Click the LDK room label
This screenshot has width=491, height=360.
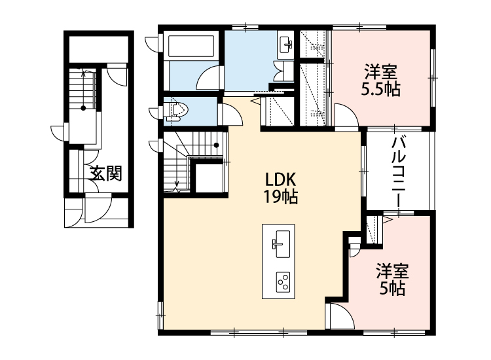pos(280,180)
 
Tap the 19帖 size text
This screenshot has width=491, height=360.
pos(281,197)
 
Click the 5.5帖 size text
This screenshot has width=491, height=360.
pos(380,89)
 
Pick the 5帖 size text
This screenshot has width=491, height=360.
pos(392,288)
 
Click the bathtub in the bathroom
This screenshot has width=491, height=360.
pos(191,46)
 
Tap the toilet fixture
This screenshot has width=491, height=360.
pos(177,111)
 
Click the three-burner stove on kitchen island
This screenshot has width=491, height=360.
pos(283,282)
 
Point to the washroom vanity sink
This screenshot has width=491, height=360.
pos(285,45)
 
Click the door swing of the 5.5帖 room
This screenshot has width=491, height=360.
pos(346,116)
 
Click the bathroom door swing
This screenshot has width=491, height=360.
pos(208,78)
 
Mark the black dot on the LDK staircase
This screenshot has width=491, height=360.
pos(216,145)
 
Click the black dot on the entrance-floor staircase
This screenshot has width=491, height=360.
pos(83,108)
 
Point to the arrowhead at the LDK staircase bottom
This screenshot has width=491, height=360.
pos(177,184)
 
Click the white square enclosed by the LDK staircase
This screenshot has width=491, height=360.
pos(209,178)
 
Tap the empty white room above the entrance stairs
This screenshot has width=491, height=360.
pos(98,50)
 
